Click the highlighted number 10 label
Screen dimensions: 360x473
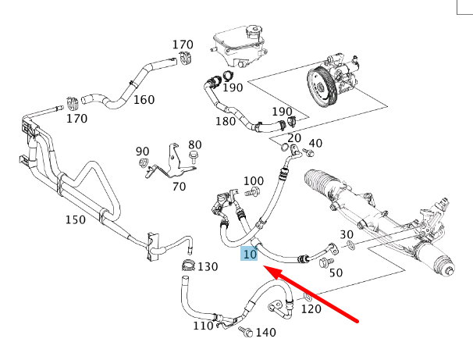pyautogui.click(x=250, y=255)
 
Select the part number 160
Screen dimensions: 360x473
pyautogui.click(x=144, y=99)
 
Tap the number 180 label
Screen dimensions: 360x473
pyautogui.click(x=226, y=121)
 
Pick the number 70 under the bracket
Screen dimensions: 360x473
pyautogui.click(x=179, y=186)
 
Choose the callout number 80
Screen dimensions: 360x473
pyautogui.click(x=194, y=144)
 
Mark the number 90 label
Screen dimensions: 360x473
pyautogui.click(x=142, y=151)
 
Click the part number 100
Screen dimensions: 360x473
pyautogui.click(x=254, y=180)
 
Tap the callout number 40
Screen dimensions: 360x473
pyautogui.click(x=315, y=143)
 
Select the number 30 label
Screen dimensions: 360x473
pyautogui.click(x=347, y=233)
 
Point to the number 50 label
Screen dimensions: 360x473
pyautogui.click(x=336, y=273)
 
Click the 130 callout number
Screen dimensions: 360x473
pyautogui.click(x=207, y=266)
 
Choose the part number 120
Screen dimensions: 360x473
pyautogui.click(x=311, y=308)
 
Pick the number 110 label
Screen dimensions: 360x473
pyautogui.click(x=203, y=325)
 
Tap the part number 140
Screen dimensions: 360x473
pyautogui.click(x=265, y=333)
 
